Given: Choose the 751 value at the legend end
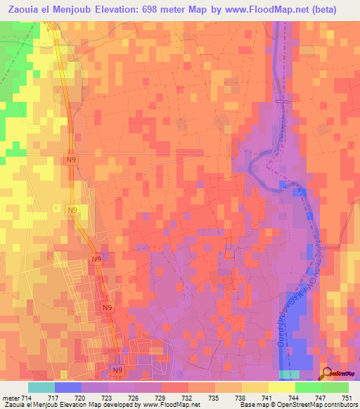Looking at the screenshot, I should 345,397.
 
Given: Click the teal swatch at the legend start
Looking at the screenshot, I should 41,387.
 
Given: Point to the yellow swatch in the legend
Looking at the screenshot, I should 281,387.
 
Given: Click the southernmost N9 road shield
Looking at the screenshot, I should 117,368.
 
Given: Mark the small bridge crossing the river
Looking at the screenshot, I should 282,102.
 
